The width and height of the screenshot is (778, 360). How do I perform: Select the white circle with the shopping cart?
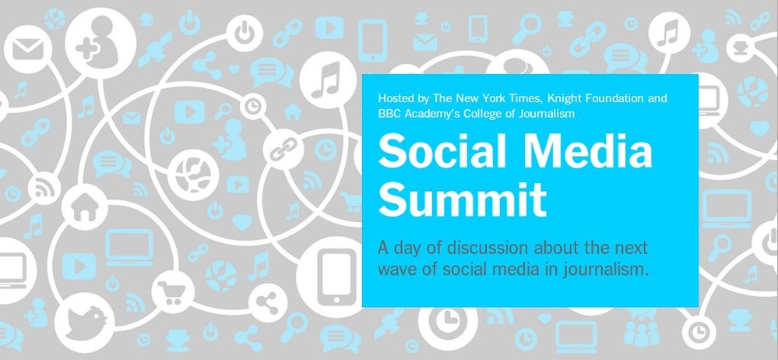point(172,291)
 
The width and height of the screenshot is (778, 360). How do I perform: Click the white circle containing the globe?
point(192,175)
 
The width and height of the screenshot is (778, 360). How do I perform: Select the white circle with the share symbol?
point(268,303)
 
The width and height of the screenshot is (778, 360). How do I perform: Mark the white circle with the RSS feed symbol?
point(44,189)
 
